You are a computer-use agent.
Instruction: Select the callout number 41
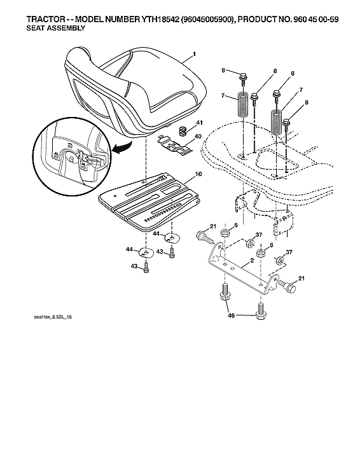(x=199, y=122)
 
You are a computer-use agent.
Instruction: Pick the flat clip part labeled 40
(x=176, y=146)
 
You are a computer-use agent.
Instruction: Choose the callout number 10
(x=198, y=174)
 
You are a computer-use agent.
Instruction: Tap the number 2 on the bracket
(x=253, y=261)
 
